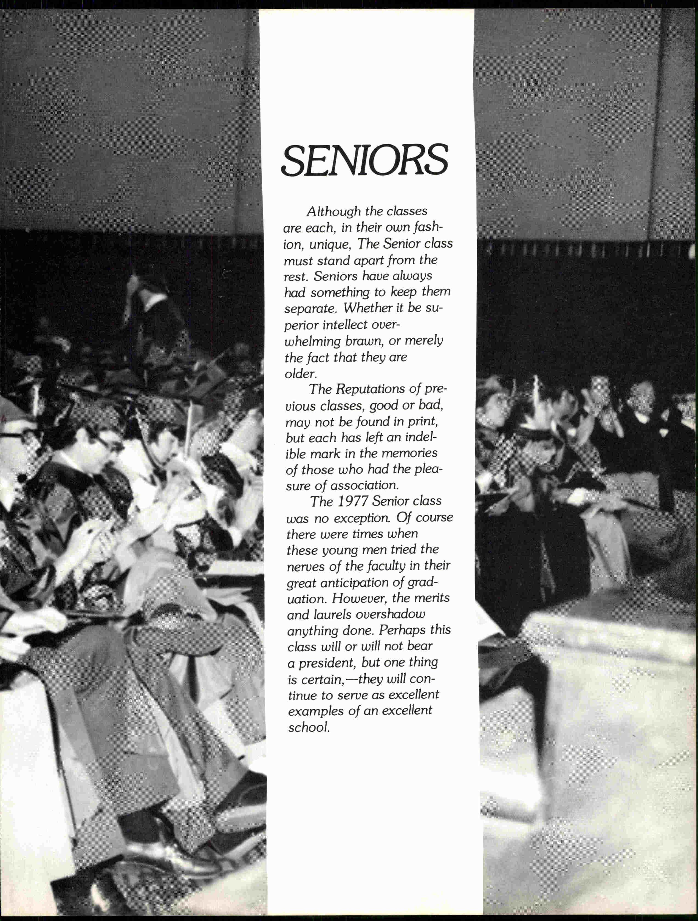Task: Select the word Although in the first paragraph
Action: coord(334,211)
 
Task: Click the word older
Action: coord(300,374)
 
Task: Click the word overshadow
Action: coord(390,615)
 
